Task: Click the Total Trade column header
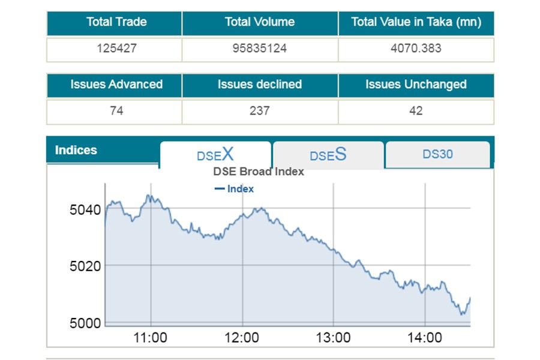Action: click(x=116, y=22)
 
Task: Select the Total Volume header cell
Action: click(x=260, y=22)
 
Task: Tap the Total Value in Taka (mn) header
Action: click(x=416, y=22)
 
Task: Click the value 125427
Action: click(x=116, y=48)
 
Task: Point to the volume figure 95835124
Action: click(x=260, y=48)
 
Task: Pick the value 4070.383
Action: click(x=416, y=48)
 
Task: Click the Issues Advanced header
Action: click(x=116, y=85)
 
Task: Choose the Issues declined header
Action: click(x=260, y=85)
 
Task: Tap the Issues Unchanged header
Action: click(x=416, y=85)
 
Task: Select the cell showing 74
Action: click(x=116, y=111)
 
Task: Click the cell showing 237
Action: click(x=260, y=111)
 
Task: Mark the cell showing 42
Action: click(x=416, y=111)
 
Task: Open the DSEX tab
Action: click(x=215, y=155)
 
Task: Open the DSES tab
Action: click(x=328, y=155)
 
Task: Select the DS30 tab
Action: click(x=437, y=154)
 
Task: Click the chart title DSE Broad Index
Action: click(x=259, y=172)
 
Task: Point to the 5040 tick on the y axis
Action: click(x=85, y=210)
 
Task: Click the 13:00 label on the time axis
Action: click(x=333, y=338)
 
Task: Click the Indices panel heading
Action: click(x=76, y=150)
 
